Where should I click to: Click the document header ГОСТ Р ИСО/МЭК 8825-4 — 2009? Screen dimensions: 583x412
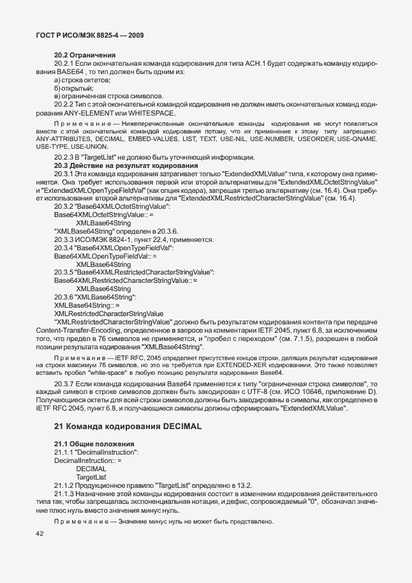pyautogui.click(x=85, y=35)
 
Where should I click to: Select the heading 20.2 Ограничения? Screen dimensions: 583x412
pyautogui.click(x=84, y=55)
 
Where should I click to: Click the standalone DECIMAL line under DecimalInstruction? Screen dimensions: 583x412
pyautogui.click(x=91, y=468)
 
